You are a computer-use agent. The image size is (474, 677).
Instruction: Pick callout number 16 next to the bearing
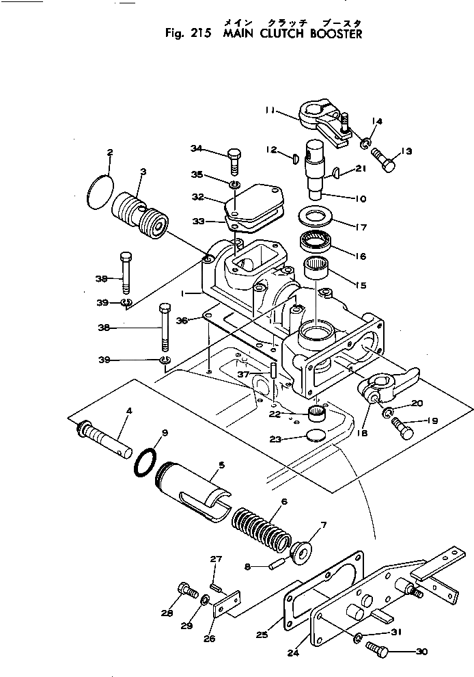(360, 256)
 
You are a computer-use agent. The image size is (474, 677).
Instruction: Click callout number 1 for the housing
(183, 293)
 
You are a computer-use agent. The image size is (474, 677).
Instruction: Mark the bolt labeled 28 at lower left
(186, 589)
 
